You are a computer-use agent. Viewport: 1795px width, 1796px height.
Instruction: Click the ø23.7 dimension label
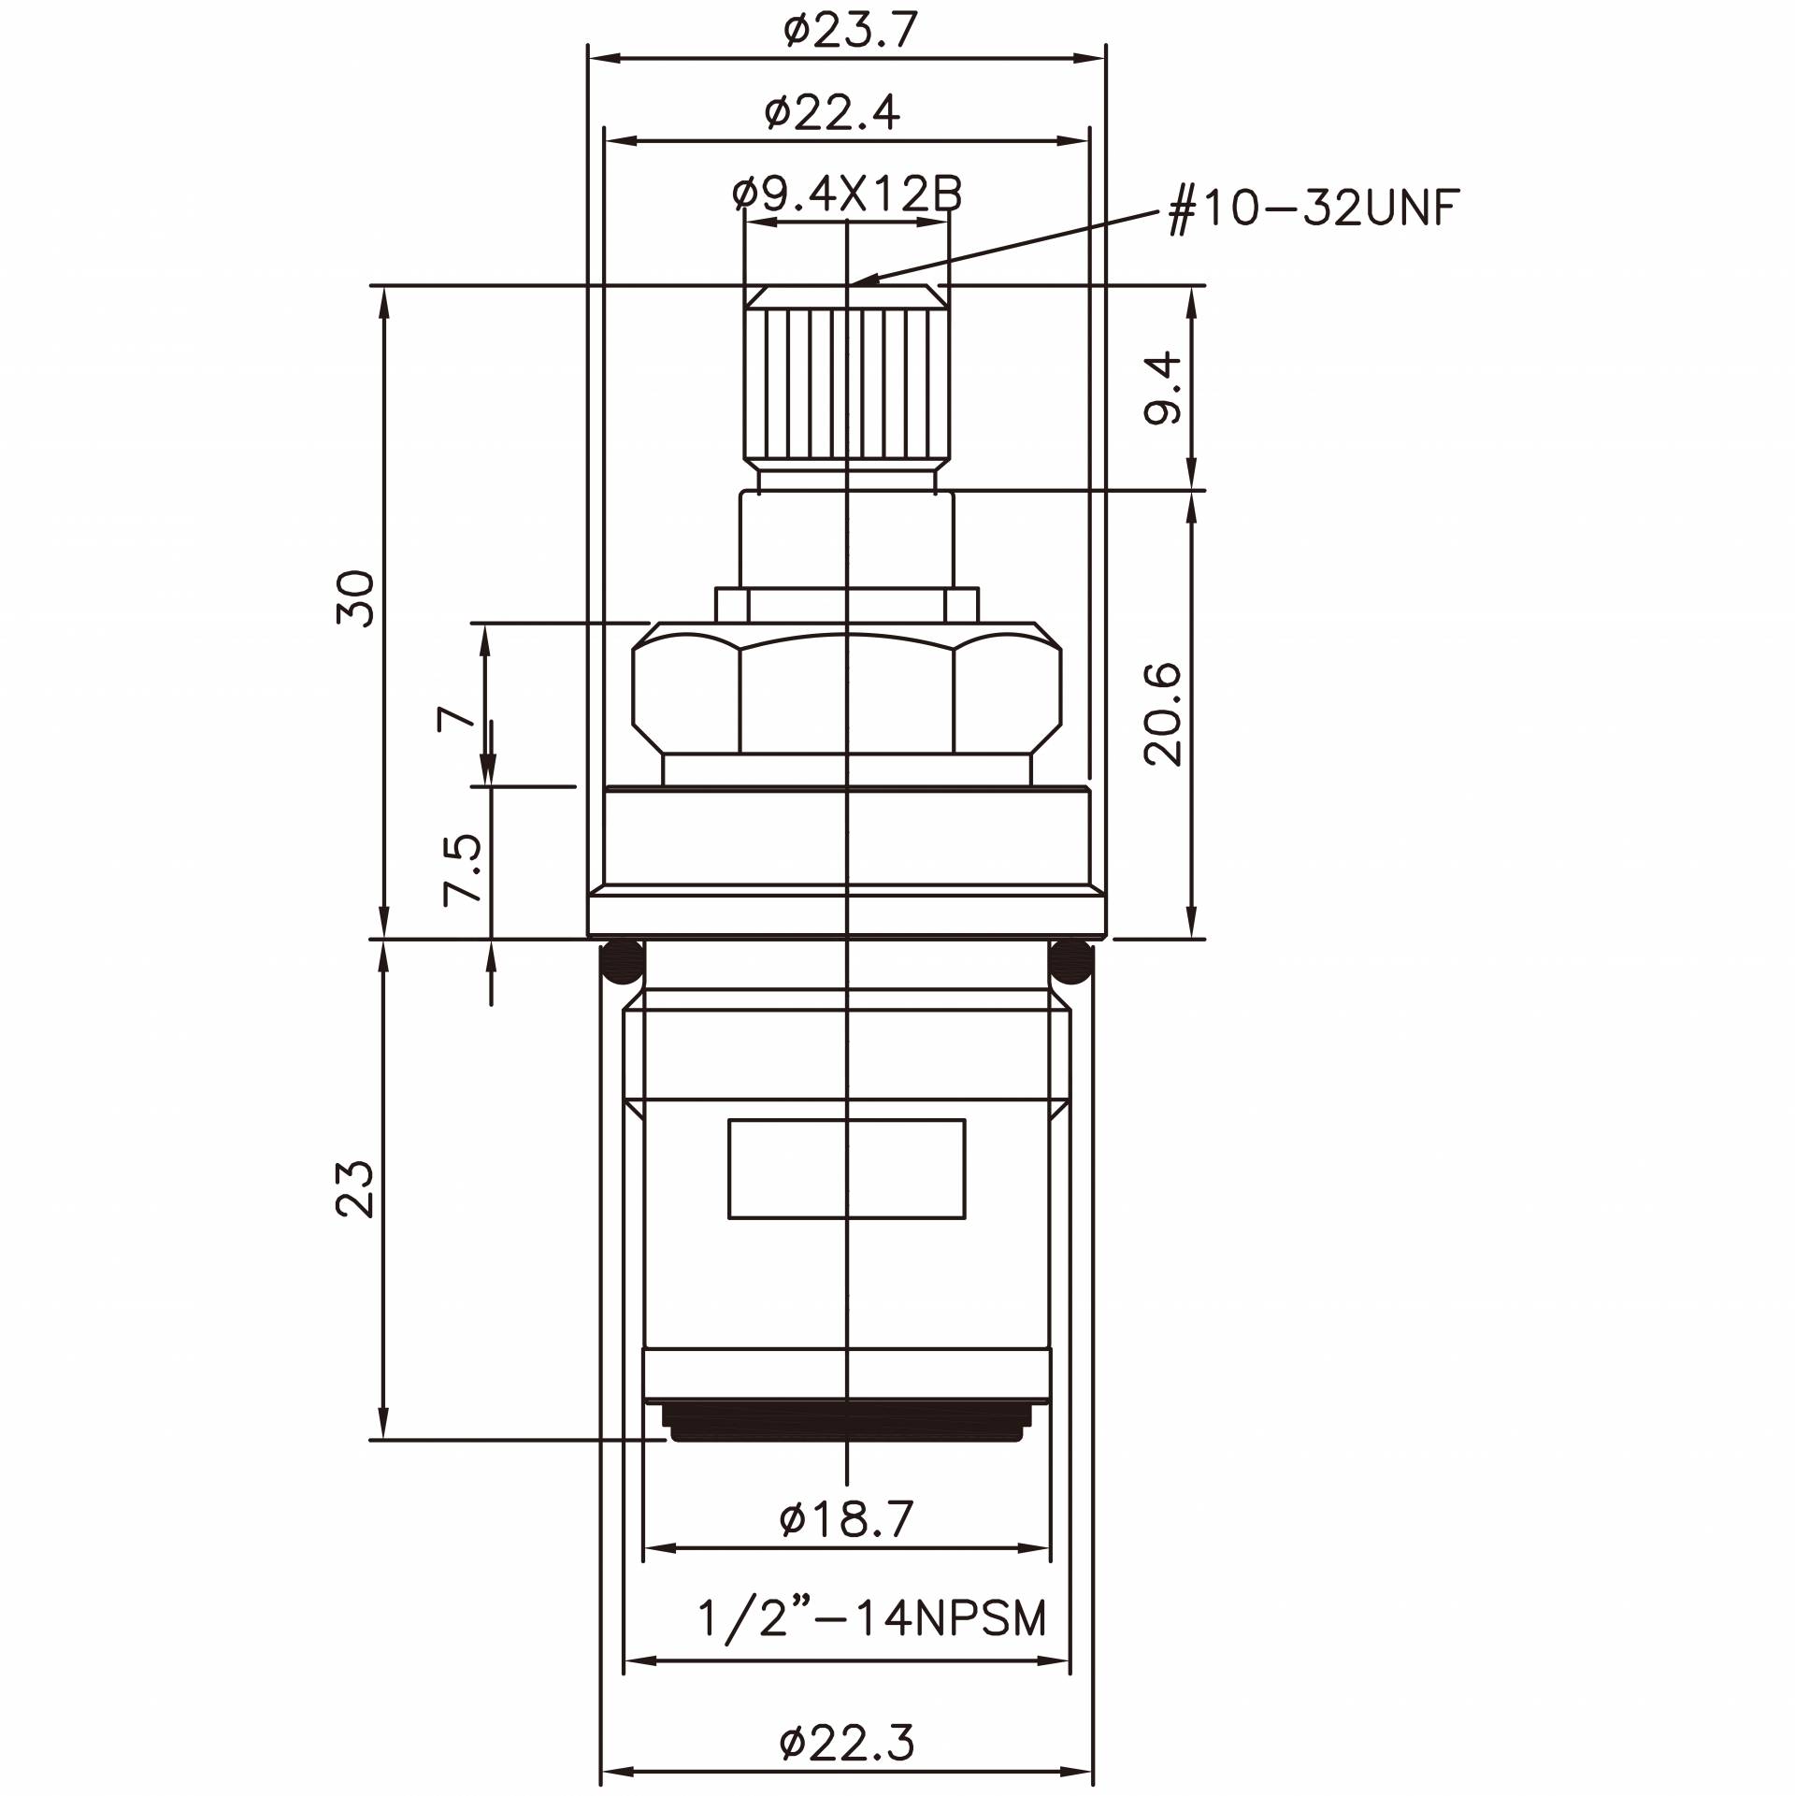[851, 31]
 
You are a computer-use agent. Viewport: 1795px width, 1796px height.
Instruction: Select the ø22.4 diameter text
[832, 114]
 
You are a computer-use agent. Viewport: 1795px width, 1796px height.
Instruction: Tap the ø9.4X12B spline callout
[847, 194]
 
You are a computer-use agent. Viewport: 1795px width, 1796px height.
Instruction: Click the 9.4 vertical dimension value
[1164, 388]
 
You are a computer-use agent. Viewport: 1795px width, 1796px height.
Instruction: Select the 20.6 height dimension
[1164, 714]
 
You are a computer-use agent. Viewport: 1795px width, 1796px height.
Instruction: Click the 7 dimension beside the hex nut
[455, 718]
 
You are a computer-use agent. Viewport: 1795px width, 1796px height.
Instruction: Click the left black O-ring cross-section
[622, 963]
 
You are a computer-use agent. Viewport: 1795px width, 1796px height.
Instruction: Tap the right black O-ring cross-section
[1071, 963]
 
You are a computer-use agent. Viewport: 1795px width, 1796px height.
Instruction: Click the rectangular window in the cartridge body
[846, 1169]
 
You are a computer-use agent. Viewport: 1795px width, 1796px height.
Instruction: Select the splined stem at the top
[846, 383]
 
